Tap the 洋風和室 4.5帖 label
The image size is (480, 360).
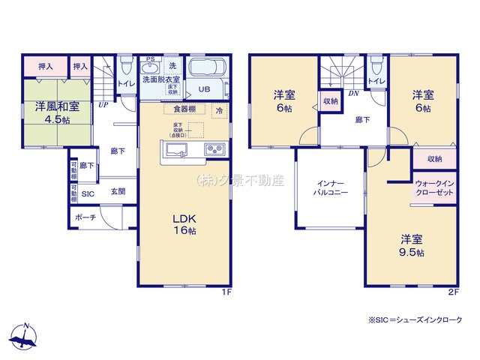55,112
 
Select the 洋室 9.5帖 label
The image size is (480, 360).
412,246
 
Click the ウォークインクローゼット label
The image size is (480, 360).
435,188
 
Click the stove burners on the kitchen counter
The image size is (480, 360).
213,149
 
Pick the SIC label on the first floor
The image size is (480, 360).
88,193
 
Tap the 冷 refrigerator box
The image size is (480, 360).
219,110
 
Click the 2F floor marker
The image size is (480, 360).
452,292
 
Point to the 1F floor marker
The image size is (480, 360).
226,292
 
